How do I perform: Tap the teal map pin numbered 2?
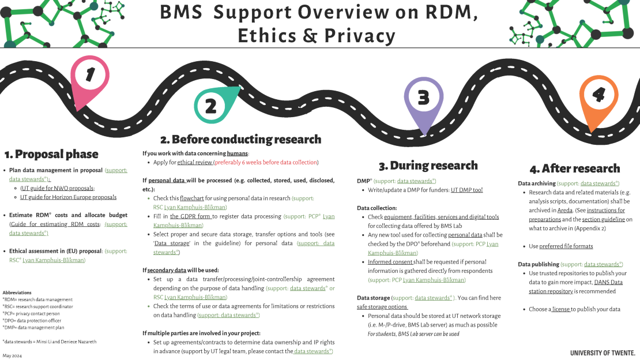point(211,105)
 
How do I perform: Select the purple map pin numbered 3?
point(424,97)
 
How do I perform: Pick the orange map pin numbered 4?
point(598,95)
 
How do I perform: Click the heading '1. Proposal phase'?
point(51,154)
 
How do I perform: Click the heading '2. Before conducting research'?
point(240,139)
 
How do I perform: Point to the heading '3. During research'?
point(428,166)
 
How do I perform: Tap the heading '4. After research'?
point(575,168)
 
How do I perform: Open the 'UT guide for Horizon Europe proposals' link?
point(68,197)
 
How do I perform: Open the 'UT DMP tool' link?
point(466,190)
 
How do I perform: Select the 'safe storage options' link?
point(382,307)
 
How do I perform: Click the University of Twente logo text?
point(603,352)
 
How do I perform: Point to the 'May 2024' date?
point(12,355)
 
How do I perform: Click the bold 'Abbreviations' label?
point(17,292)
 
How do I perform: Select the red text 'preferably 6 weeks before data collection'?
point(266,163)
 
